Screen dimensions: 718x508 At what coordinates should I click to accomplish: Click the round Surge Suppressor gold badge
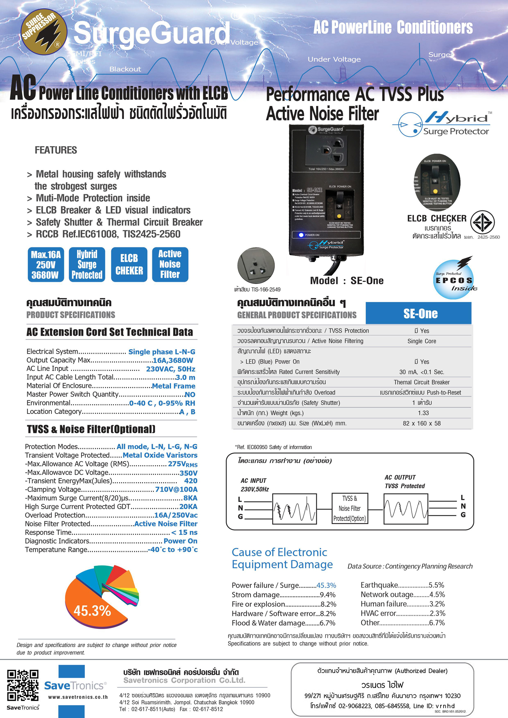coord(44,32)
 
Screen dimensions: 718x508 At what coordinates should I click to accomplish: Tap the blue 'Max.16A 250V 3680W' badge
coord(46,265)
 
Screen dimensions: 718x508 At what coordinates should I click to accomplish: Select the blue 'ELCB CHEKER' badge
coord(129,265)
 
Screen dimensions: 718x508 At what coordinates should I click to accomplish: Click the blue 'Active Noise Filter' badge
coord(170,265)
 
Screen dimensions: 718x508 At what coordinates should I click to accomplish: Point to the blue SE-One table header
coord(419,313)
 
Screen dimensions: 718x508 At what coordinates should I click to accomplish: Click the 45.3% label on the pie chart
coord(92,611)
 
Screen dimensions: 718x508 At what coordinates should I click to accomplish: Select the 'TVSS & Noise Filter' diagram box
coord(350,508)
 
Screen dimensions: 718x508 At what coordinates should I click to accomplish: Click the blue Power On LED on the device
coord(301,235)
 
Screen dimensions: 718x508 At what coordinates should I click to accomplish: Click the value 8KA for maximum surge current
coord(190,498)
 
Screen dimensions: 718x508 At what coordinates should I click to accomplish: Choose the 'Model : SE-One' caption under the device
coord(347,281)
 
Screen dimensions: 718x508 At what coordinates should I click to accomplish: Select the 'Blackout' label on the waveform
coord(125,69)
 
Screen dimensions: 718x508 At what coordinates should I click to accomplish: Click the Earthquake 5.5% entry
coord(402,585)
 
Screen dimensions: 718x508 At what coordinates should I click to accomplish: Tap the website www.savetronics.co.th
coord(78,697)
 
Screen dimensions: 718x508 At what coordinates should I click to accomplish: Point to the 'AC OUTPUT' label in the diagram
coord(400,477)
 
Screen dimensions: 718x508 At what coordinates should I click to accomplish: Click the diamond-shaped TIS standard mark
coord(482,223)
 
